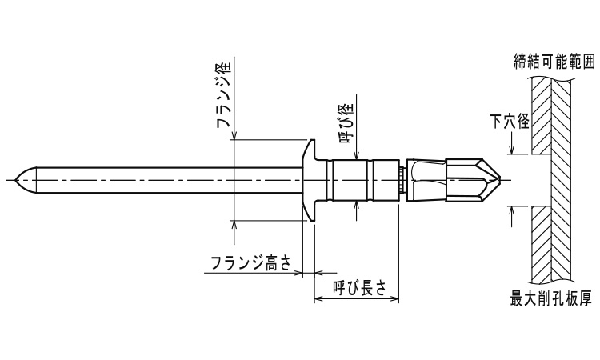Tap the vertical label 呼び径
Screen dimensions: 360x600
[346, 123]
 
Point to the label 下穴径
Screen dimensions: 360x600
[510, 122]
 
